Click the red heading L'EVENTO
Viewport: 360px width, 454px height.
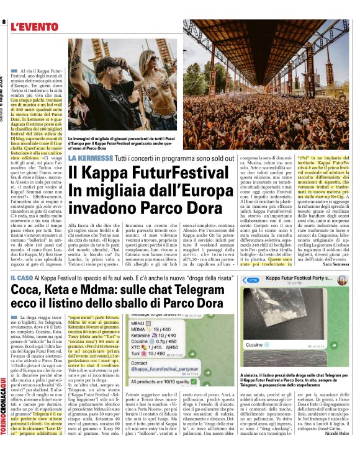tap(37, 27)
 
